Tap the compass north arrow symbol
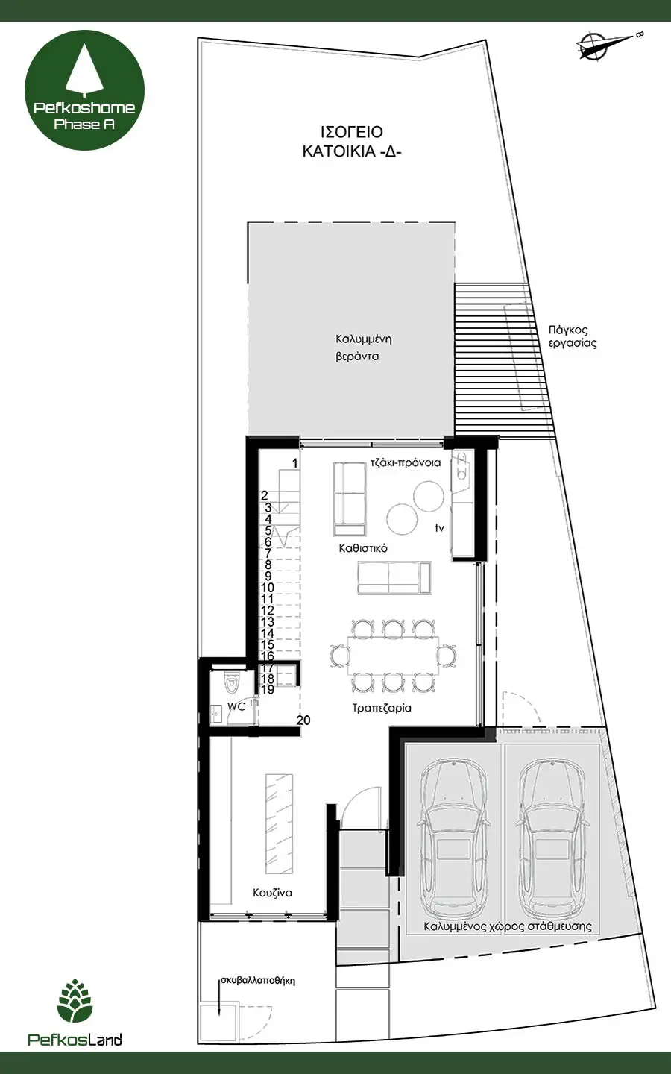(608, 45)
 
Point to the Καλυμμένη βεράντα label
(363, 348)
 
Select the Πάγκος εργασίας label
(573, 336)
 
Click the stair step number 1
(294, 464)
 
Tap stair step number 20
(303, 720)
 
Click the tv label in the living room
(440, 528)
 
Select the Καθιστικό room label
(363, 548)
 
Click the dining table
(393, 656)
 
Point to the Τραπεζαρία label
(382, 709)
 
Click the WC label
(236, 706)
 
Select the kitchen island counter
(280, 823)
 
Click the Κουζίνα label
(272, 892)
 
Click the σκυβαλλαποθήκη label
(258, 981)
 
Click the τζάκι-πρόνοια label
(406, 463)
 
